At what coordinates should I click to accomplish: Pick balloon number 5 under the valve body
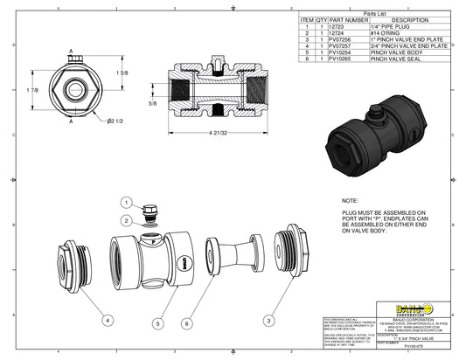157,322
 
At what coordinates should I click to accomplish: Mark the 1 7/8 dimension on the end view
31,90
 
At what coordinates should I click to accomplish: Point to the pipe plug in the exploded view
150,211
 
